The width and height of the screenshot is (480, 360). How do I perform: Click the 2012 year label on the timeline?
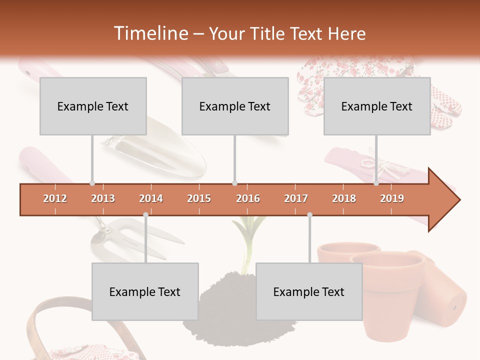[55, 198]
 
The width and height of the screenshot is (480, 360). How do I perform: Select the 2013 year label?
[103, 198]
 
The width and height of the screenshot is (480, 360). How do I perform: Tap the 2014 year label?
[151, 198]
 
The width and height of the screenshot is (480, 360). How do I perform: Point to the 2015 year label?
[199, 198]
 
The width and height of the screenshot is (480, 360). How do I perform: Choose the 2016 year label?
[248, 198]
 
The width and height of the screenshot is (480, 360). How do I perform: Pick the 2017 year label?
[296, 198]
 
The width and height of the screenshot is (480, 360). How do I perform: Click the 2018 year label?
[344, 198]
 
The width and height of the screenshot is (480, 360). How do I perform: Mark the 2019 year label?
[392, 198]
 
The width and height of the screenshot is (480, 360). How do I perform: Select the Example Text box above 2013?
[93, 106]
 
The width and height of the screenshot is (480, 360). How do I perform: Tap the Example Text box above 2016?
[235, 106]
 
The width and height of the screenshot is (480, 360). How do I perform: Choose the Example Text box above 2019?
[377, 106]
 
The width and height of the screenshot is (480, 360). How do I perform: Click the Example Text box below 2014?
[145, 291]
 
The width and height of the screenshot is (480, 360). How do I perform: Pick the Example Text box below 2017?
[309, 291]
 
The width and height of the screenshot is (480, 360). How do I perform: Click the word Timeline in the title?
[150, 33]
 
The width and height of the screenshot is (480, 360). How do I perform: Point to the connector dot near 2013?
[92, 183]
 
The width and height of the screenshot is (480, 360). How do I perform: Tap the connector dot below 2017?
[309, 215]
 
